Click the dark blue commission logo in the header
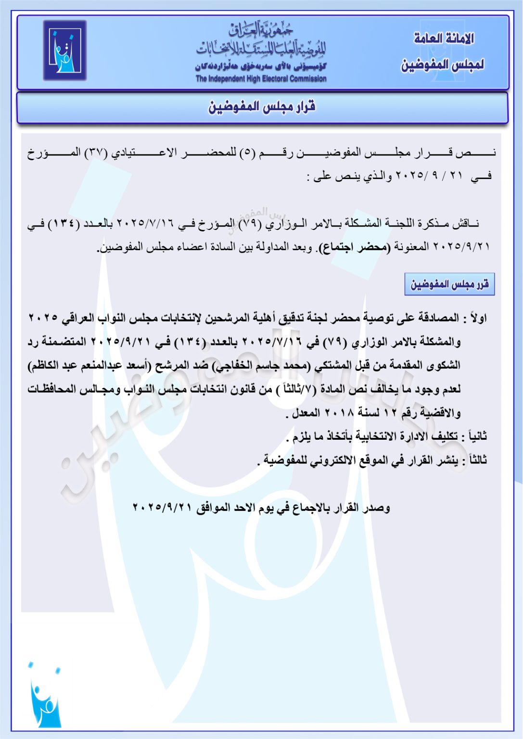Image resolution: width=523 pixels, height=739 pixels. pos(64,50)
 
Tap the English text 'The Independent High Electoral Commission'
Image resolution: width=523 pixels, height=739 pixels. pos(261,78)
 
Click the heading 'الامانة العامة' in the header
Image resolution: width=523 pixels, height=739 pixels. pos(444,38)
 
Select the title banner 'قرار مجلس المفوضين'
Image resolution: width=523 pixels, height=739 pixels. pos(262,107)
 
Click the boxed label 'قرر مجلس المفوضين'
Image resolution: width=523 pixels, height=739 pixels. pos(449,284)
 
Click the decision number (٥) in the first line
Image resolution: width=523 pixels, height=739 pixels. pos(247,153)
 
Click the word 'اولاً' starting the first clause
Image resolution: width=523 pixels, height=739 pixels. pos(478,318)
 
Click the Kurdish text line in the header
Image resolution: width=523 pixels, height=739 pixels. pos(260,66)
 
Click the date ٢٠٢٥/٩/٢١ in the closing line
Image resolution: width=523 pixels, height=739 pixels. pos(162,508)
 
